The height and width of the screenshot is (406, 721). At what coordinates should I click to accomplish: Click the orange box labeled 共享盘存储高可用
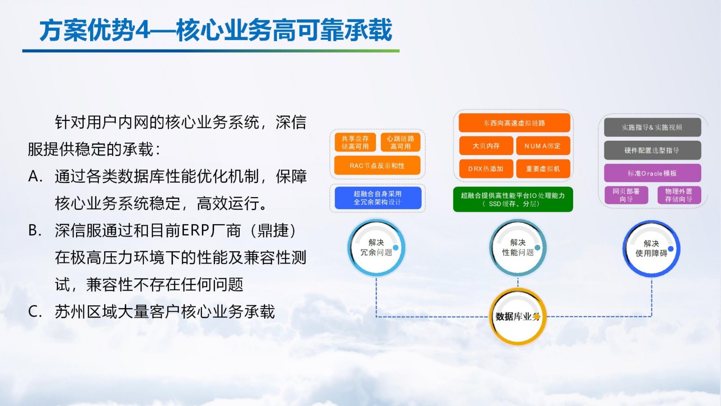355,142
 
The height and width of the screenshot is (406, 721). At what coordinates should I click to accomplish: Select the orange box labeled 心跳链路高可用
401,142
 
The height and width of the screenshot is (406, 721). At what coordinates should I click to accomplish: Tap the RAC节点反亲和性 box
377,165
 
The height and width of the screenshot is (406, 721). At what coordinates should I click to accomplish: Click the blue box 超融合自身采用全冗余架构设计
378,198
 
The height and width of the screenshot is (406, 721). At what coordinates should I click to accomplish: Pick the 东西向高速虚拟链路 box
514,123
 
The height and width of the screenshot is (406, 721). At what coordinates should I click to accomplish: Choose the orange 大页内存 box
486,146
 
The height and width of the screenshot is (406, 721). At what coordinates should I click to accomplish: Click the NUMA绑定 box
543,146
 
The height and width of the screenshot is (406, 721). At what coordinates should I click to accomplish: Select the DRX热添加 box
486,169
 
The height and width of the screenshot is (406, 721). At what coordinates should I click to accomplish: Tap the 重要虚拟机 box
543,169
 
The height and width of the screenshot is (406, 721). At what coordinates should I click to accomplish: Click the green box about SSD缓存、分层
513,199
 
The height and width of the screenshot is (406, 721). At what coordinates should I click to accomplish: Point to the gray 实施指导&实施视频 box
653,127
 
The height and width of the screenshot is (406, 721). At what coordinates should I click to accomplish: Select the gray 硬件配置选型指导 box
653,150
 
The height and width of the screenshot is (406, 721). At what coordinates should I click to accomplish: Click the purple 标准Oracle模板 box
653,173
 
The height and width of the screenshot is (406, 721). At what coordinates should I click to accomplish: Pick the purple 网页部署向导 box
626,195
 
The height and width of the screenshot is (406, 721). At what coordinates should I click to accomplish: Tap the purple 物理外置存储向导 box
679,195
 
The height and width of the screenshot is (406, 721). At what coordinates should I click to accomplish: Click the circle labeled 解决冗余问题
376,248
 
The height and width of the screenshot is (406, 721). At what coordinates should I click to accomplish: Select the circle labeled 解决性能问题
518,248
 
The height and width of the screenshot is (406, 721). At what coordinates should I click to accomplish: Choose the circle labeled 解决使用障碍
652,249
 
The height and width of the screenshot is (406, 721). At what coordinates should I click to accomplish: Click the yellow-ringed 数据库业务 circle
518,316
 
